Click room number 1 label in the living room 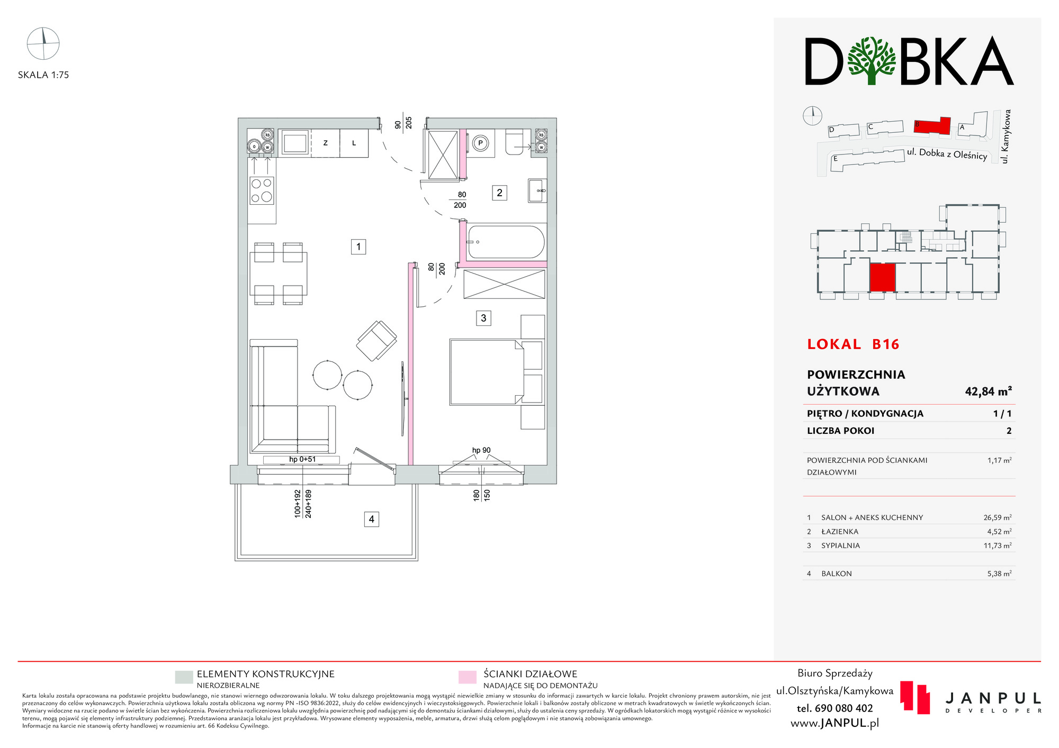pos(358,247)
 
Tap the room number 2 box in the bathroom pos(499,193)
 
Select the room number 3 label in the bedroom pos(483,318)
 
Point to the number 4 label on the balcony pos(371,519)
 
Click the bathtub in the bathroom pos(506,242)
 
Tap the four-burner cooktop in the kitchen pos(262,190)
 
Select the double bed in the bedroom pos(487,372)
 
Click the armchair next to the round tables pos(376,341)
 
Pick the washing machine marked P pos(481,143)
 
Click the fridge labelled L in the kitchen pos(354,143)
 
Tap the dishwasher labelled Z pos(325,143)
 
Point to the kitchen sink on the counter pos(294,143)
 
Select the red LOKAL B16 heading pos(853,344)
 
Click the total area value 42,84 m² pos(988,391)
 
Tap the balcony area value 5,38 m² pos(999,573)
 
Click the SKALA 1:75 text pos(43,75)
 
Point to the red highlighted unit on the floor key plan pos(882,278)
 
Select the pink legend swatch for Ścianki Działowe pos(467,678)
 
